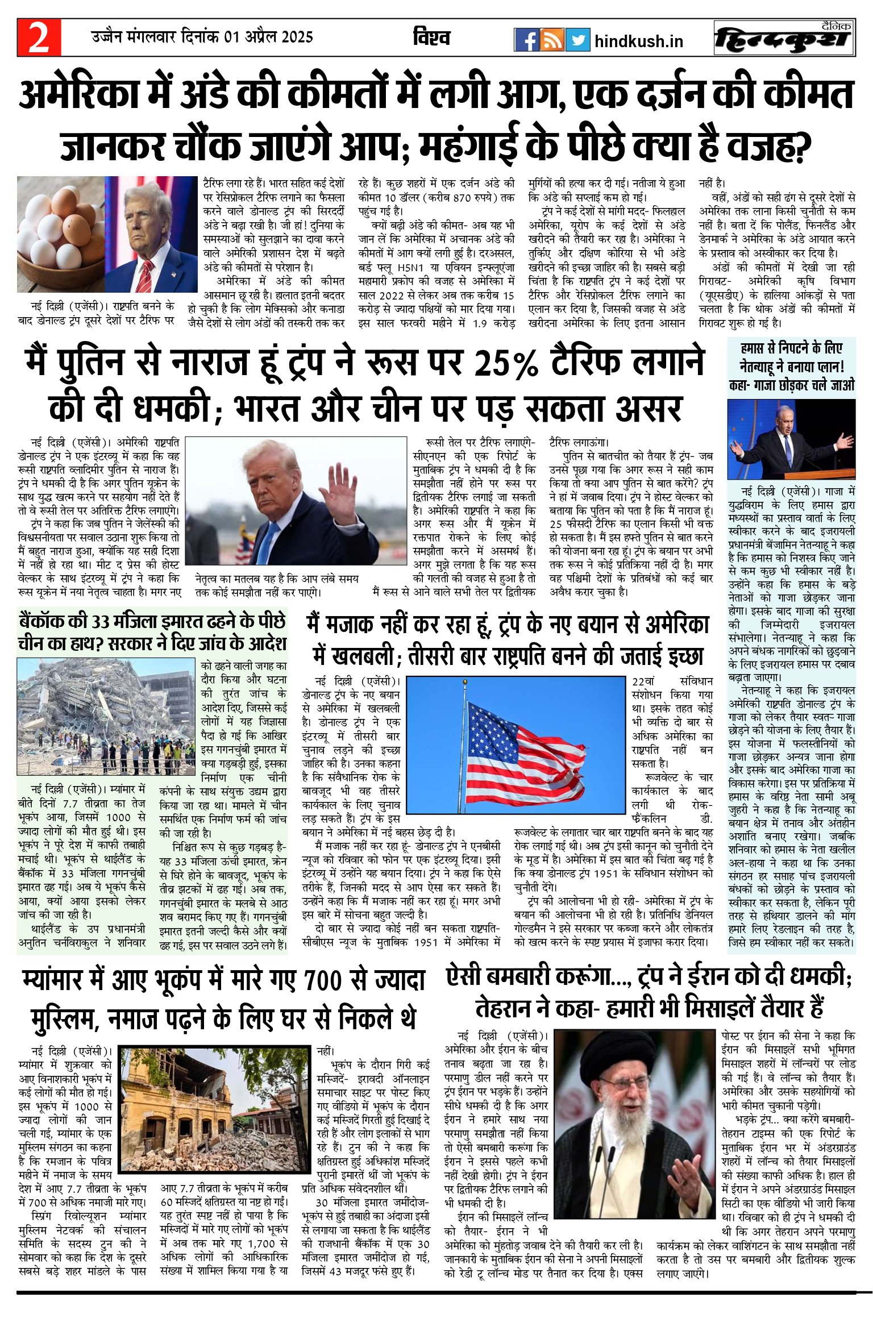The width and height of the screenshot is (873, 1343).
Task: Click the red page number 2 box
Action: [39, 38]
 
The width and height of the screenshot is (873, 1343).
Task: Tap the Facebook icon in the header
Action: [526, 40]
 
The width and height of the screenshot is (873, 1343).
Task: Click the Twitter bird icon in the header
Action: [577, 40]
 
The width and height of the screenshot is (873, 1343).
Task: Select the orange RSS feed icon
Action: [552, 40]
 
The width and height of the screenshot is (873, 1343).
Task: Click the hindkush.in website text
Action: [638, 41]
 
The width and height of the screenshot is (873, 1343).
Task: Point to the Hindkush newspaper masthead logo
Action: [784, 38]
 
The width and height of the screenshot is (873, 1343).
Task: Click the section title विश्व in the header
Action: [431, 38]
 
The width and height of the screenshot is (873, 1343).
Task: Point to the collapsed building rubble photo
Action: [107, 716]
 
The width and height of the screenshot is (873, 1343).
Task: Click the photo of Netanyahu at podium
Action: [791, 439]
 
